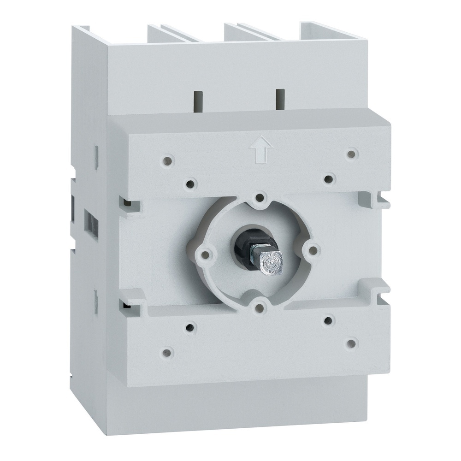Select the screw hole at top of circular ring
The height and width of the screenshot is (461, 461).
(260, 198)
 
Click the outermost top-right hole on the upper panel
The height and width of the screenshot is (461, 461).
(352, 154)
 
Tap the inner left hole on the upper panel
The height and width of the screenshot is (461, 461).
(189, 183)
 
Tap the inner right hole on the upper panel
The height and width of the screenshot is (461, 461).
(328, 178)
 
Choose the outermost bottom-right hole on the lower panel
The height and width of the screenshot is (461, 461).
(352, 343)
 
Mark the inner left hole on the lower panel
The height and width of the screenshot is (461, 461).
(189, 328)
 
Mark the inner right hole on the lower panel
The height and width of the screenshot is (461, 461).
(328, 319)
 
